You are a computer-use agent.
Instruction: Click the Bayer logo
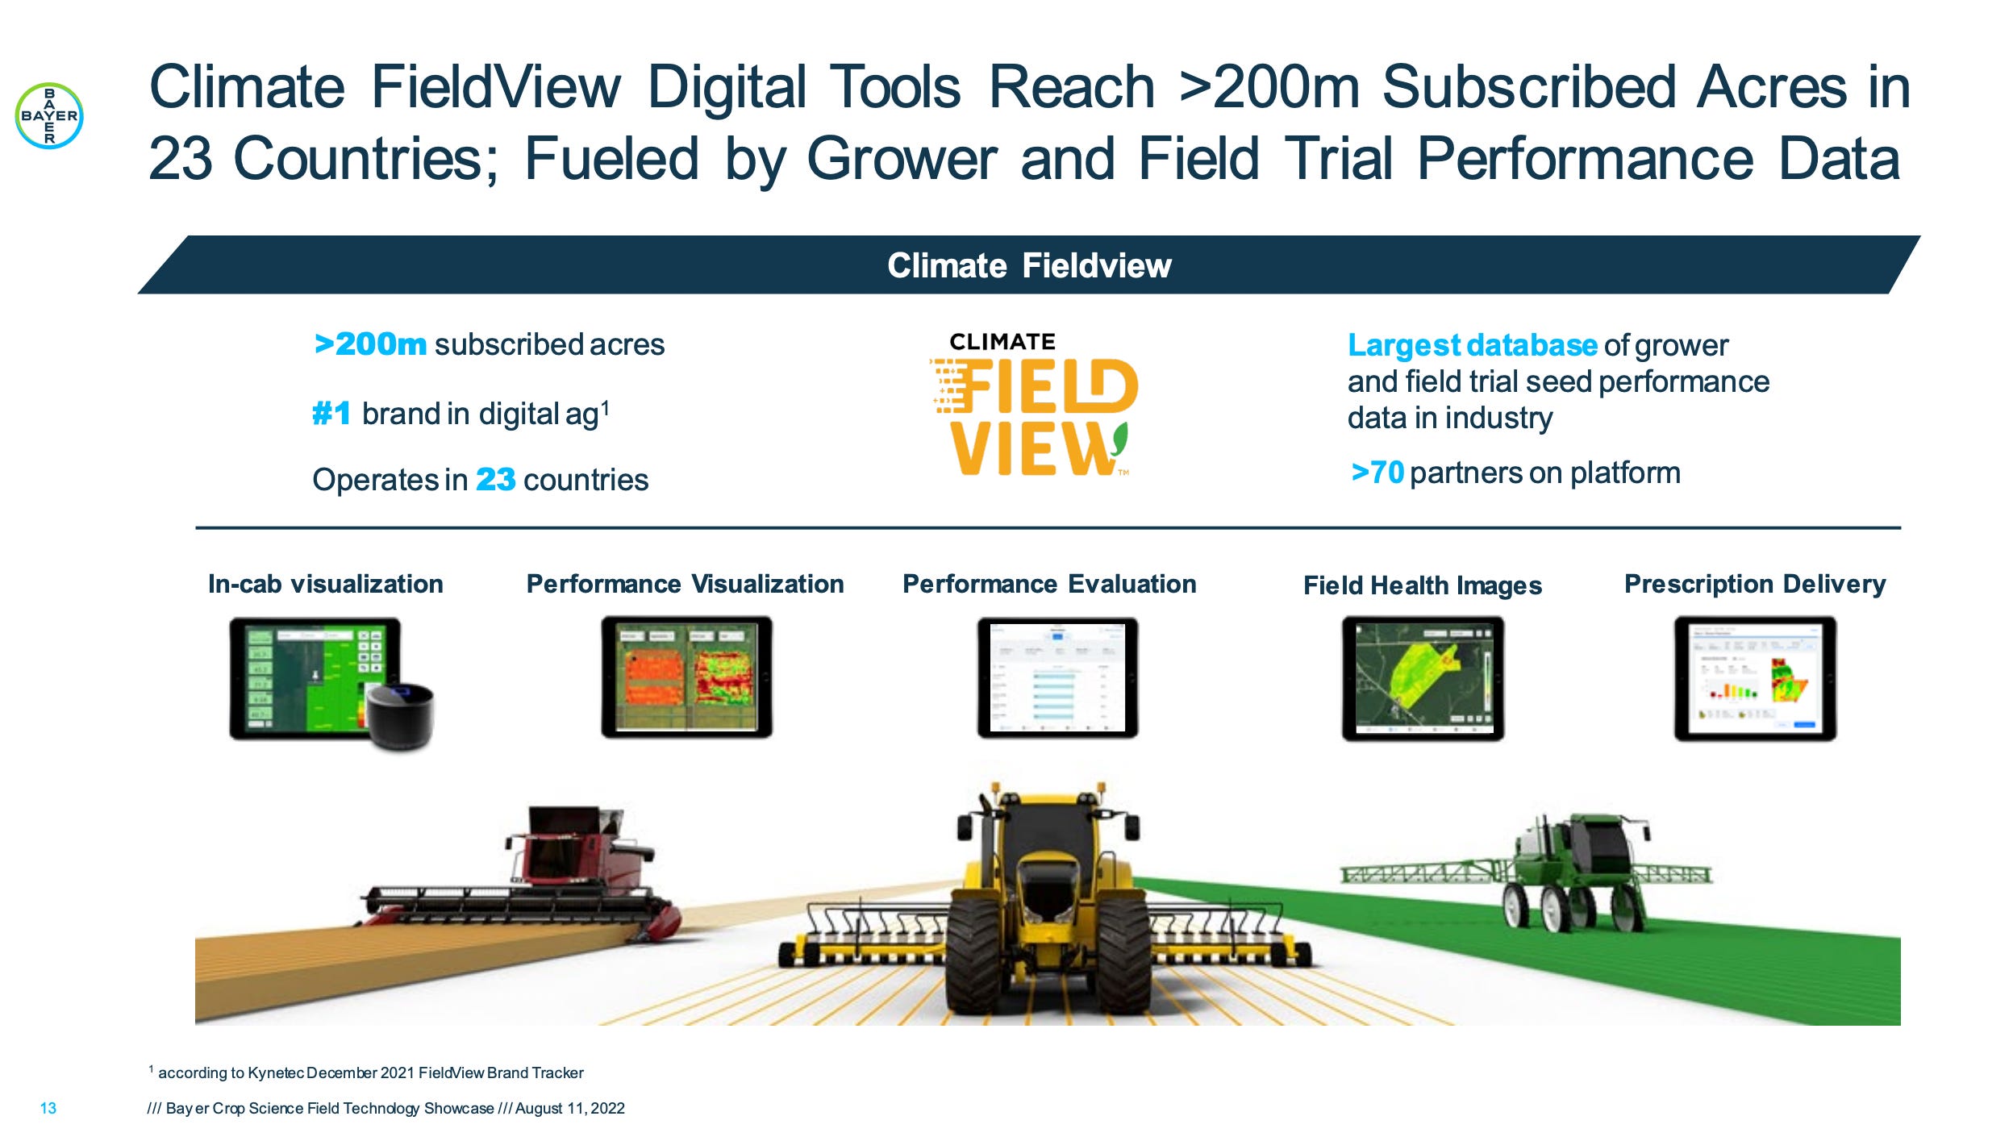pyautogui.click(x=49, y=116)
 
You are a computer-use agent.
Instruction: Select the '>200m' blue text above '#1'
pyautogui.click(x=370, y=344)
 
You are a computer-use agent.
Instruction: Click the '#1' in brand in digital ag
pyautogui.click(x=331, y=414)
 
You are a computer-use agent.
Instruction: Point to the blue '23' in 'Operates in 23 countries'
pyautogui.click(x=495, y=480)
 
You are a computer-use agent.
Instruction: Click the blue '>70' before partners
pyautogui.click(x=1377, y=473)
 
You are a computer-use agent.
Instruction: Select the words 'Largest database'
pyautogui.click(x=1472, y=345)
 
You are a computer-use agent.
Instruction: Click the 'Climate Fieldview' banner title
pyautogui.click(x=1028, y=265)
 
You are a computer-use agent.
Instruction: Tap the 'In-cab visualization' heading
pyautogui.click(x=325, y=584)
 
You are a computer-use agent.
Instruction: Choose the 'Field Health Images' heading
pyautogui.click(x=1422, y=585)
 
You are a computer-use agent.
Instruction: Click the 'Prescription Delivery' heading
pyautogui.click(x=1754, y=584)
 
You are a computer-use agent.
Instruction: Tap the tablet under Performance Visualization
pyautogui.click(x=686, y=677)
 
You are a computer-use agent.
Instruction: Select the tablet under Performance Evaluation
pyautogui.click(x=1057, y=677)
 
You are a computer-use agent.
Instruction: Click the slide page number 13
pyautogui.click(x=48, y=1108)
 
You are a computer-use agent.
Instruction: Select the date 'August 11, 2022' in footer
pyautogui.click(x=569, y=1108)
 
